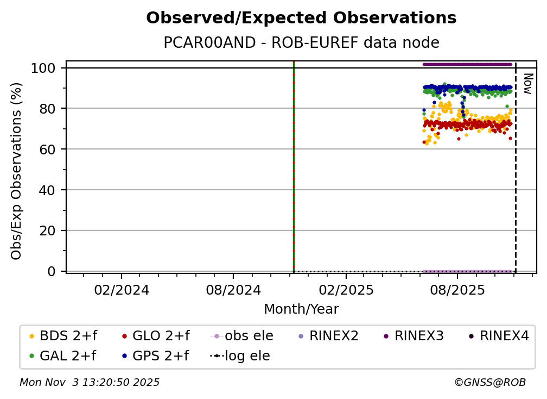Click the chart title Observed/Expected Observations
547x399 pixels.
(x=301, y=18)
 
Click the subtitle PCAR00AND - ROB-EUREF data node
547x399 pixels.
(x=301, y=43)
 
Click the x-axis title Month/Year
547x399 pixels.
(x=301, y=309)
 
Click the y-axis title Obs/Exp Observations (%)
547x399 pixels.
(x=17, y=171)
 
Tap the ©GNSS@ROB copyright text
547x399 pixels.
(x=489, y=383)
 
